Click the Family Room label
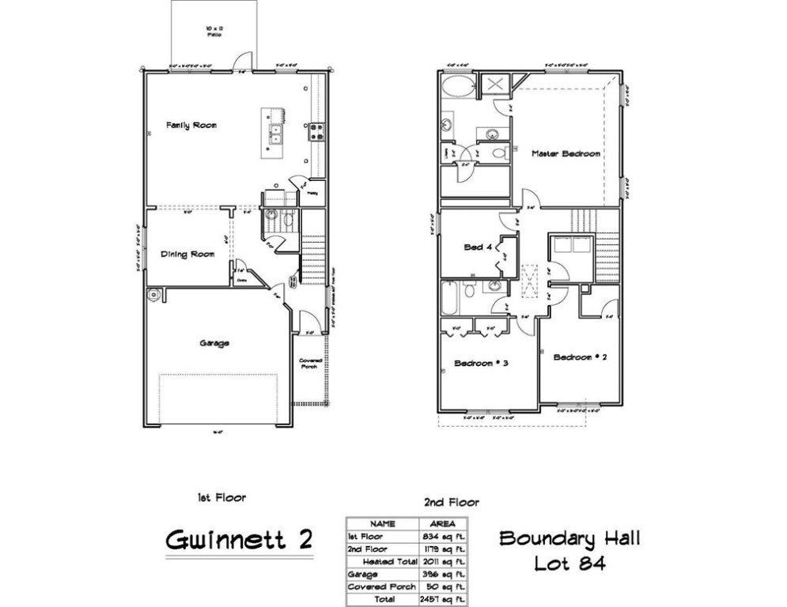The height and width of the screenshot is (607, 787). coord(191,125)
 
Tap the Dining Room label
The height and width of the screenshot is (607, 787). coord(188,254)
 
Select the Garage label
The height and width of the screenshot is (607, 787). coord(214,343)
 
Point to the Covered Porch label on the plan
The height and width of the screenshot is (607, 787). coord(309,365)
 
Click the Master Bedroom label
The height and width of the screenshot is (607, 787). coord(566,153)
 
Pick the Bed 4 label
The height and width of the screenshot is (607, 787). coord(478,247)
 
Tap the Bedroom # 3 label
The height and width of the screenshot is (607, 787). coord(480,363)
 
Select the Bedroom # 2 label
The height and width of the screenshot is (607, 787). coord(580,357)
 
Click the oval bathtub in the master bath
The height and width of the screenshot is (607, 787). coord(458,86)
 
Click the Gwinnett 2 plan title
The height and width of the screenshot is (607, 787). coord(239,540)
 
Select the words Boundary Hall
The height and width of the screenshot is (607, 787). coord(569,539)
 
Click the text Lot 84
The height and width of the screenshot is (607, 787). coord(569,564)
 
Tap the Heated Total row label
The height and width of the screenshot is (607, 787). coord(384,560)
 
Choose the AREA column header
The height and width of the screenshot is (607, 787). coord(440,523)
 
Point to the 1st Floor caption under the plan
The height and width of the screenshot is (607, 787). coord(221,498)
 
